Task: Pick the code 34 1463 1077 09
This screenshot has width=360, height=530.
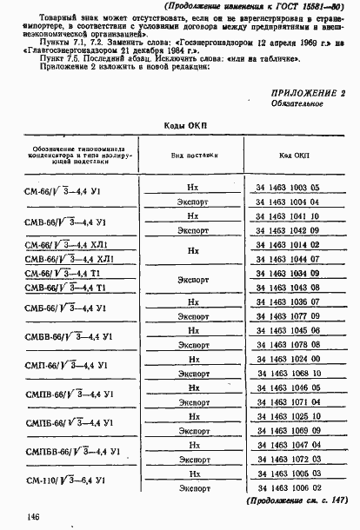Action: [289, 315]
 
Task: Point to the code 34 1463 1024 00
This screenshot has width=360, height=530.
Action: [289, 358]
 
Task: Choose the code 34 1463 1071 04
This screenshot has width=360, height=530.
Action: [289, 401]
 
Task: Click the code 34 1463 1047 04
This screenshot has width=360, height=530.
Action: [289, 443]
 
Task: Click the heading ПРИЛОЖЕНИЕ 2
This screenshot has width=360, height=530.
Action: [309, 92]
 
